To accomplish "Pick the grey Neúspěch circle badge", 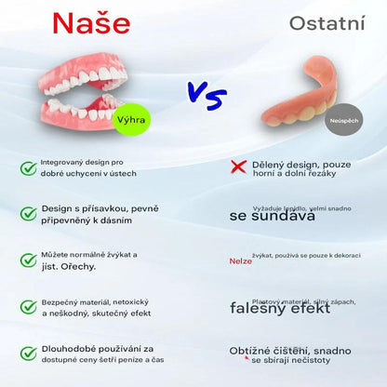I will pyautogui.click(x=343, y=120).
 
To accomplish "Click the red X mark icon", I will pyautogui.click(x=237, y=167).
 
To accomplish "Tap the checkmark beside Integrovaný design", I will pyautogui.click(x=29, y=167).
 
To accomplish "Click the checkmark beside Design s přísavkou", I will pyautogui.click(x=29, y=215).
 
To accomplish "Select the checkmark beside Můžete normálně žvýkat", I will pyautogui.click(x=29, y=260).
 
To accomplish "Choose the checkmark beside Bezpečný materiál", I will pyautogui.click(x=29, y=307).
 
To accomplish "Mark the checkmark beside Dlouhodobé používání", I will pyautogui.click(x=29, y=353).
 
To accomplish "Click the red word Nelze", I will pyautogui.click(x=240, y=261).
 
